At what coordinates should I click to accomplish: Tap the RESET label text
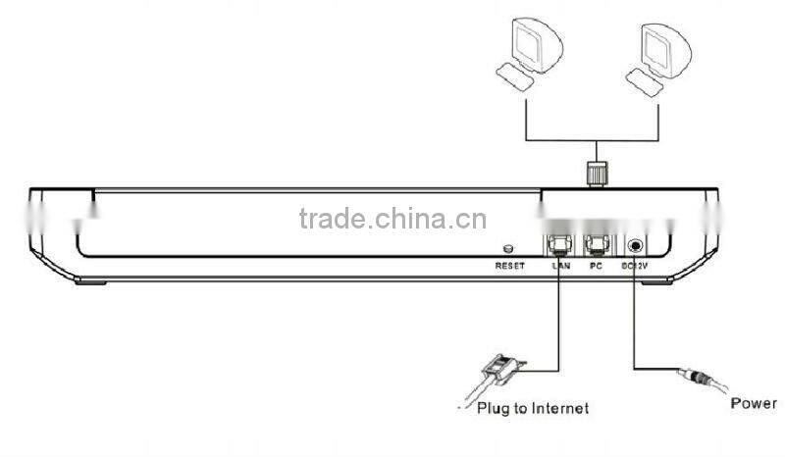pyautogui.click(x=510, y=266)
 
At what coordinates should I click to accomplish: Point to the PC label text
pyautogui.click(x=594, y=266)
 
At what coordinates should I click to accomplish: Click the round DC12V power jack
pyautogui.click(x=636, y=247)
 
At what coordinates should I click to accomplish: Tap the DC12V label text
pyautogui.click(x=635, y=266)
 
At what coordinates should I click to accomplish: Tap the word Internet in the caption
pyautogui.click(x=554, y=407)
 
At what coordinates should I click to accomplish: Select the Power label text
pyautogui.click(x=754, y=403)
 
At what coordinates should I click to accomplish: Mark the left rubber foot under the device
pyautogui.click(x=90, y=281)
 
